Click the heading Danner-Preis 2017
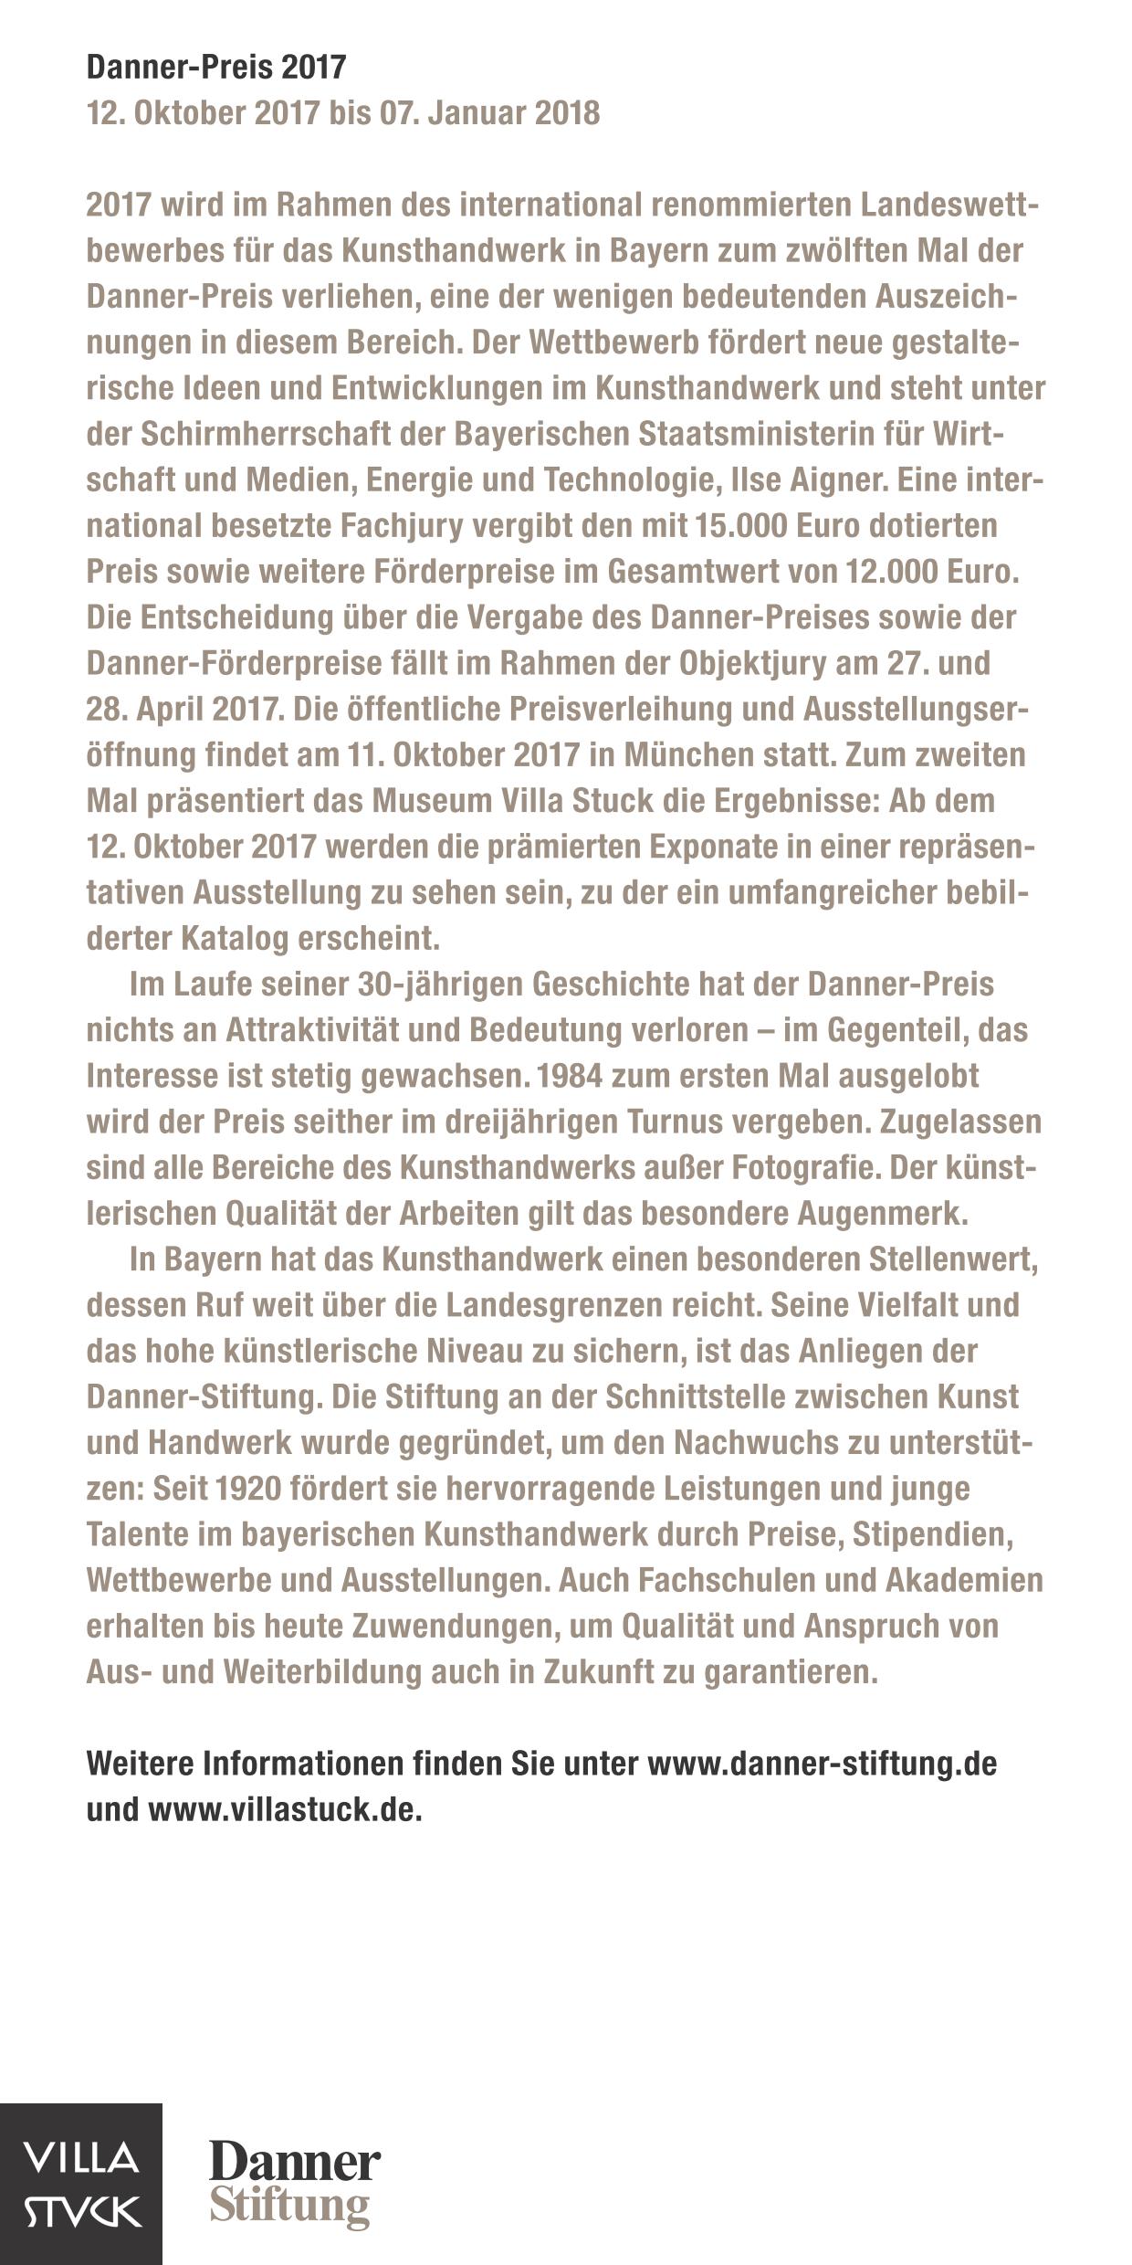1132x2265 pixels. pyautogui.click(x=216, y=68)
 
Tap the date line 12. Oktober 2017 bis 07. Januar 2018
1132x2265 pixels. pyautogui.click(x=343, y=113)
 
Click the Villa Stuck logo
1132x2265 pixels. pyautogui.click(x=81, y=2183)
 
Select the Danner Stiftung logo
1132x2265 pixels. pyautogui.click(x=295, y=2183)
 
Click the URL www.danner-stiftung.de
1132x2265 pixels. pyautogui.click(x=822, y=1763)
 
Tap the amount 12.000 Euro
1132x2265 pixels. pyautogui.click(x=931, y=572)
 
